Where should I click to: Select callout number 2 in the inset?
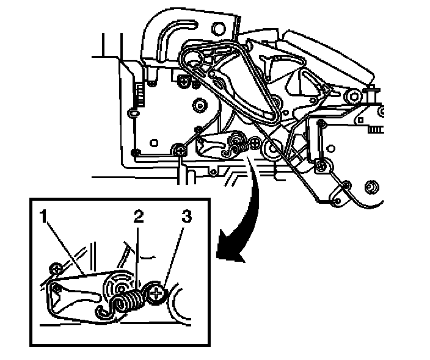pos(139,216)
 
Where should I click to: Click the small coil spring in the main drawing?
pos(241,146)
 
